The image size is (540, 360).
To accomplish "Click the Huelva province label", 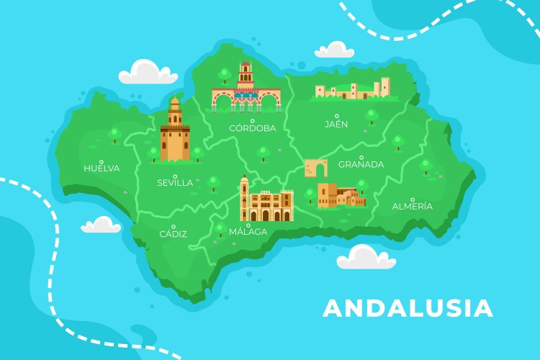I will coord(102,168).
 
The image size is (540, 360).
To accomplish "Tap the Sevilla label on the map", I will coord(175,183).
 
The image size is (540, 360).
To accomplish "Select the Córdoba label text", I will coord(253,128).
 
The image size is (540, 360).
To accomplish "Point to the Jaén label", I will coord(336,124).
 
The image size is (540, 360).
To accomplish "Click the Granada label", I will coord(361,164).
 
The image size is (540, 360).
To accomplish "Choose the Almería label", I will coord(413,207).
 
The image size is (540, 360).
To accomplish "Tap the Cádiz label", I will coord(174,234).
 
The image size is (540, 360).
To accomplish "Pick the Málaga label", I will coord(248,232).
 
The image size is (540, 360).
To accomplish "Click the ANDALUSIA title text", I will coord(408,308).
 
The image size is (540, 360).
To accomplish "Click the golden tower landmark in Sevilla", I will coord(175,131).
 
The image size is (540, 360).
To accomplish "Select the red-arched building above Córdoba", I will coord(246,91).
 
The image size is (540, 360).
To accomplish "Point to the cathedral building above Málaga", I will coord(266,202).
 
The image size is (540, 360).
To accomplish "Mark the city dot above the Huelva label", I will coord(102,161).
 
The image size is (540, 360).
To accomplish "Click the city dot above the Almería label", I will coord(413,199).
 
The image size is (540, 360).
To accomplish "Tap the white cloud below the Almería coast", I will coord(366,257).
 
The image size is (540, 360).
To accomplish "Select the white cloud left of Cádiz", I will coord(101,225).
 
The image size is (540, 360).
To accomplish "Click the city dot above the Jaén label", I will coord(336,116).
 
